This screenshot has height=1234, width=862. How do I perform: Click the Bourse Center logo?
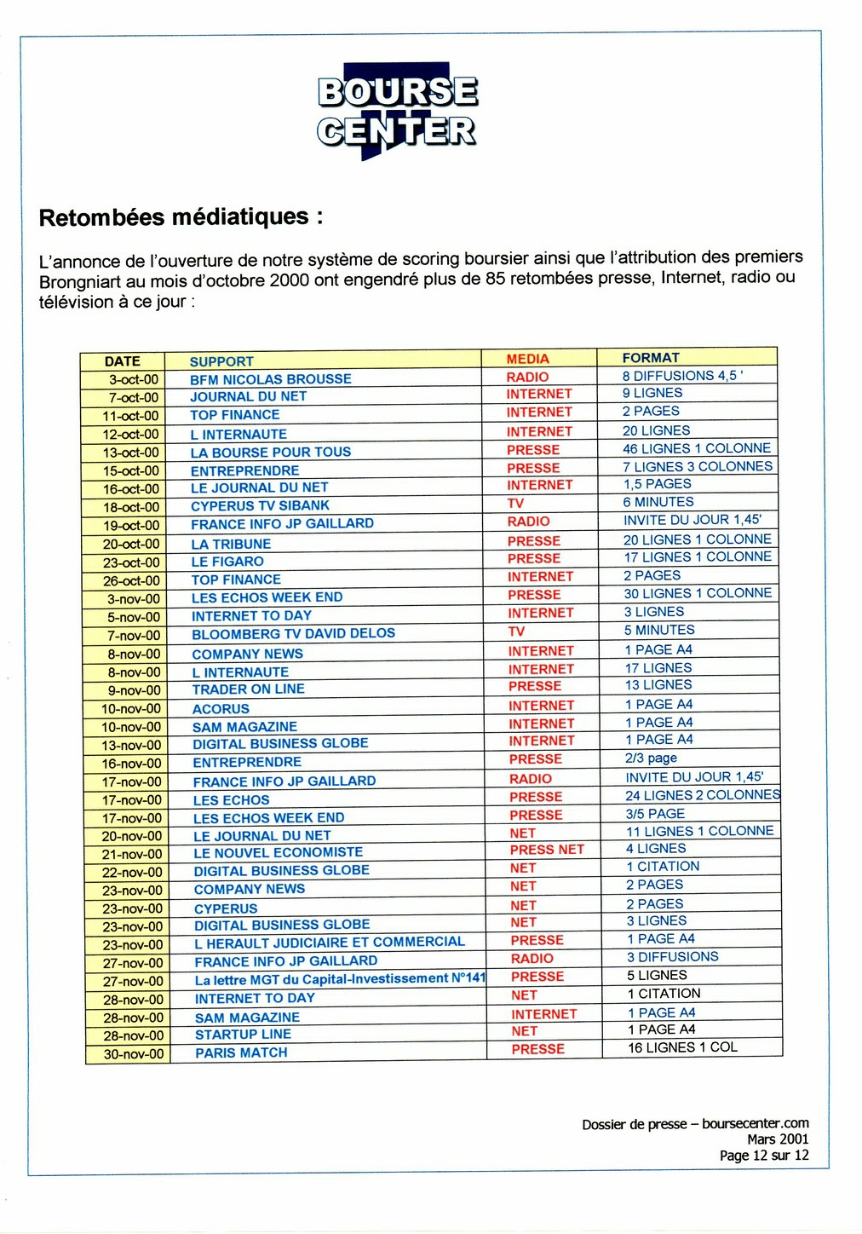coord(397,112)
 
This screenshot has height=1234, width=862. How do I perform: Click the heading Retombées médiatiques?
coord(181,217)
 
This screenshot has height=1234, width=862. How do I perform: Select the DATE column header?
coord(122,361)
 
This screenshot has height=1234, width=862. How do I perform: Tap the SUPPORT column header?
coord(221,361)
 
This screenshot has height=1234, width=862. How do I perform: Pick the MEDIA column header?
coord(528,359)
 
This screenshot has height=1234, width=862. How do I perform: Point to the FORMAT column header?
coord(651,358)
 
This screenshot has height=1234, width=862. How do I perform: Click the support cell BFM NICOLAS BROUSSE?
coord(271,379)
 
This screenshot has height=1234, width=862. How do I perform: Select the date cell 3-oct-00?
coord(133,380)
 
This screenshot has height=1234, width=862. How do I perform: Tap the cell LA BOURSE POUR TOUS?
coord(271,453)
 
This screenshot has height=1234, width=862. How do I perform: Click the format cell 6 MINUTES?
coord(658,502)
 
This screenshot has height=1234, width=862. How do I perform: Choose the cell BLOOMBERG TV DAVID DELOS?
coord(293,634)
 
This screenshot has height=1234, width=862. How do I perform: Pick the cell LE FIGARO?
coord(227,562)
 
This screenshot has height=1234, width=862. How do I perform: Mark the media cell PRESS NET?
coord(547,850)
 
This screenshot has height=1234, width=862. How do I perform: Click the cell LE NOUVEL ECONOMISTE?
coord(278,853)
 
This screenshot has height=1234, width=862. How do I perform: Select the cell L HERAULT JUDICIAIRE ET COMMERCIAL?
coord(330,943)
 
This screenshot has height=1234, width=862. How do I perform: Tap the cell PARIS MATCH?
coord(241,1053)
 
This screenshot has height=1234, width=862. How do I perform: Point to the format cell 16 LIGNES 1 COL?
coord(683,1047)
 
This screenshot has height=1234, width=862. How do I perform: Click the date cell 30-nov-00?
coord(134,1054)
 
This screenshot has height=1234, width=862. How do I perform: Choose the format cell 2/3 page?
coord(651,758)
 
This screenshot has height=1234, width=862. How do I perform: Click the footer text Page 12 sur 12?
coord(764,1156)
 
